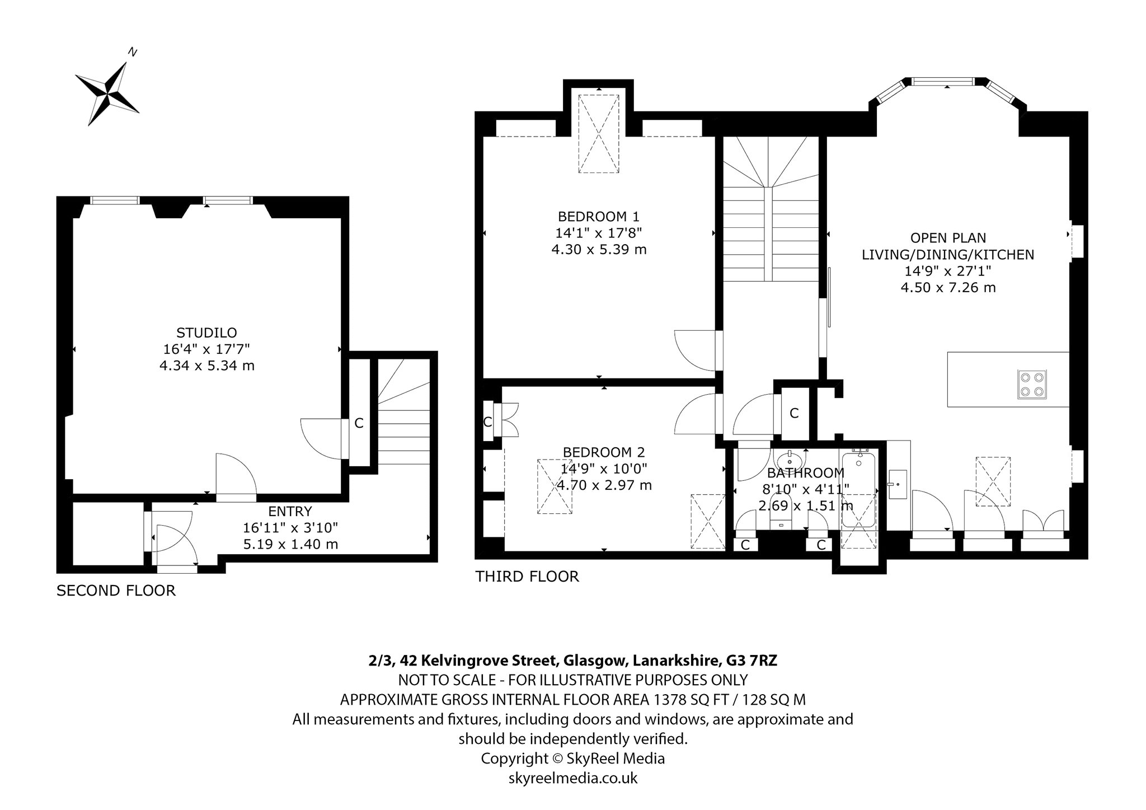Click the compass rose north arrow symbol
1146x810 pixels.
coord(108,93)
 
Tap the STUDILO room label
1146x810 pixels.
coord(206,333)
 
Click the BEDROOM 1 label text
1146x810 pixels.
coord(598,216)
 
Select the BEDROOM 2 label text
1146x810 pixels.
coord(604,452)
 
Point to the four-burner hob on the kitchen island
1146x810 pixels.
coord(1032,385)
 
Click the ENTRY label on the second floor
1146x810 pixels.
coord(290,511)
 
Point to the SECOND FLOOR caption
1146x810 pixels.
coord(116,591)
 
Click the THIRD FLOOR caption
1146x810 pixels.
coord(527,577)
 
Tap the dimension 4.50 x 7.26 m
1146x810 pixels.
coord(948,288)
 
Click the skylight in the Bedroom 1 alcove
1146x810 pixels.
coord(599,134)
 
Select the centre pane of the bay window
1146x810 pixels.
coord(947,82)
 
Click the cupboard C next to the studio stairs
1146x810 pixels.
coord(359,424)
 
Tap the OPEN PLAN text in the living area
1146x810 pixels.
coord(947,238)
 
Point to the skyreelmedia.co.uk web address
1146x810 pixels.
coord(573,778)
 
